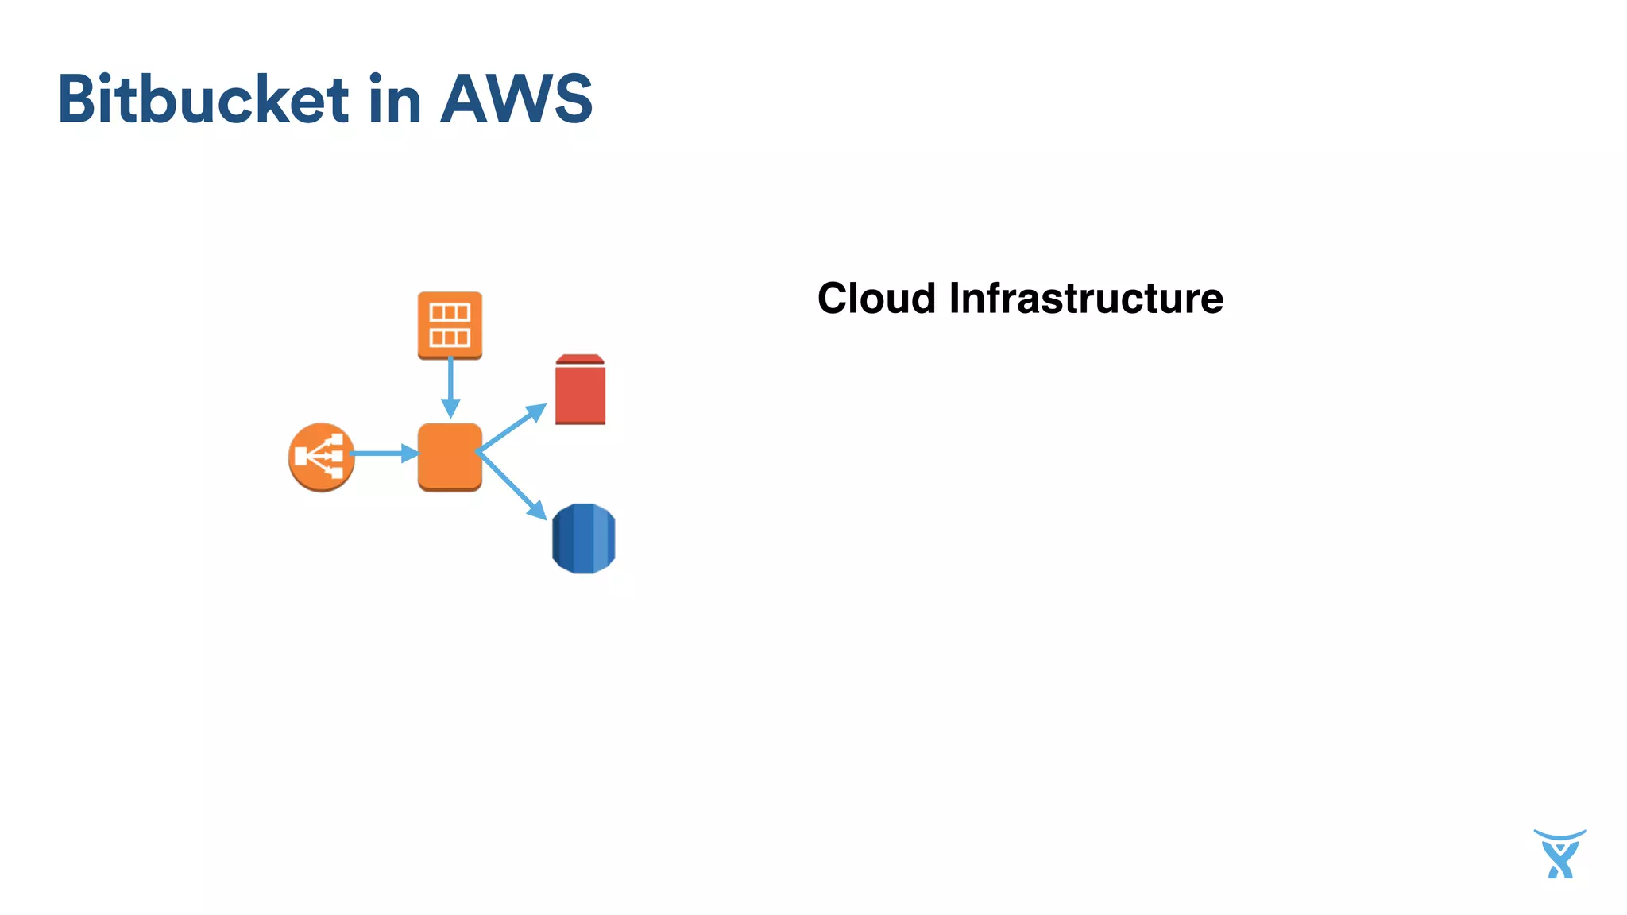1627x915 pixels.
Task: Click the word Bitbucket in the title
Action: pyautogui.click(x=203, y=99)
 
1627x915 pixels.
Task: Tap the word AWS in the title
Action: pyautogui.click(x=516, y=99)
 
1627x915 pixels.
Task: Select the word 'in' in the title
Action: pyautogui.click(x=394, y=99)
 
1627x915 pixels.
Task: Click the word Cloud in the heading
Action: pyautogui.click(x=876, y=299)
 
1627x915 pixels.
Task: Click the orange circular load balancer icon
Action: pyautogui.click(x=321, y=457)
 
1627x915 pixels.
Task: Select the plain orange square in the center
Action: pyautogui.click(x=450, y=457)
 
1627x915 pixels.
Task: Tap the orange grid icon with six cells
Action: pyautogui.click(x=450, y=324)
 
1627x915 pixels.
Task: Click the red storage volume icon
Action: pyautogui.click(x=580, y=393)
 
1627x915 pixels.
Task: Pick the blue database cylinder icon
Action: pyautogui.click(x=583, y=539)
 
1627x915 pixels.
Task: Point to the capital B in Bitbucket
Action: pyautogui.click(x=79, y=99)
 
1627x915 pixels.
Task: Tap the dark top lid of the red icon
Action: pyautogui.click(x=580, y=360)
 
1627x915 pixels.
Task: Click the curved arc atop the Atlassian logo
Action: pyautogui.click(x=1559, y=835)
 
